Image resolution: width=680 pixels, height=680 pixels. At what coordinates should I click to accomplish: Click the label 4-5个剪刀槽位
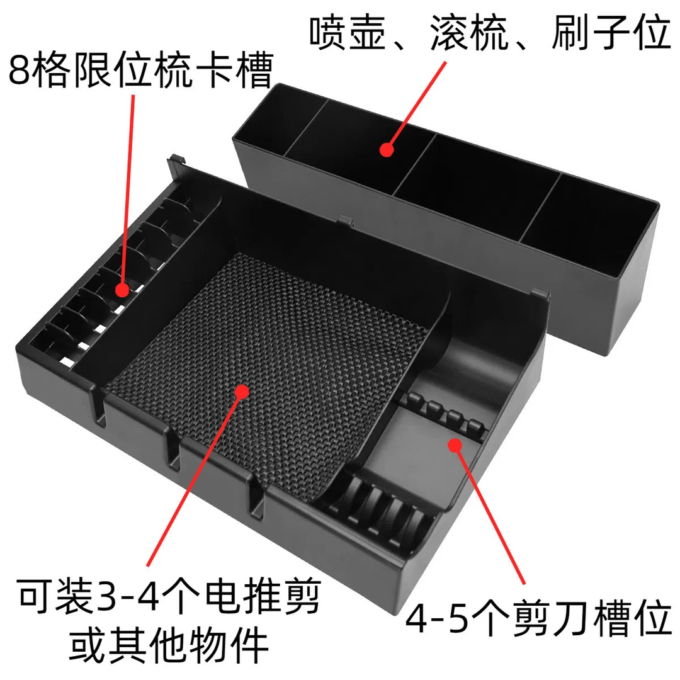(x=538, y=620)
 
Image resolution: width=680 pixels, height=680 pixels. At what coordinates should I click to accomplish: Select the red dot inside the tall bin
(x=387, y=149)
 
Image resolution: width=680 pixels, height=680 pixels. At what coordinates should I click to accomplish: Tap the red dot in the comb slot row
(x=122, y=289)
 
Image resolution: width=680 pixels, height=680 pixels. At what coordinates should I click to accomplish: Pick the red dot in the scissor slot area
(x=454, y=445)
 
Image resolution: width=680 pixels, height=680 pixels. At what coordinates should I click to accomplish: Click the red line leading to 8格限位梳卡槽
(x=128, y=189)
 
